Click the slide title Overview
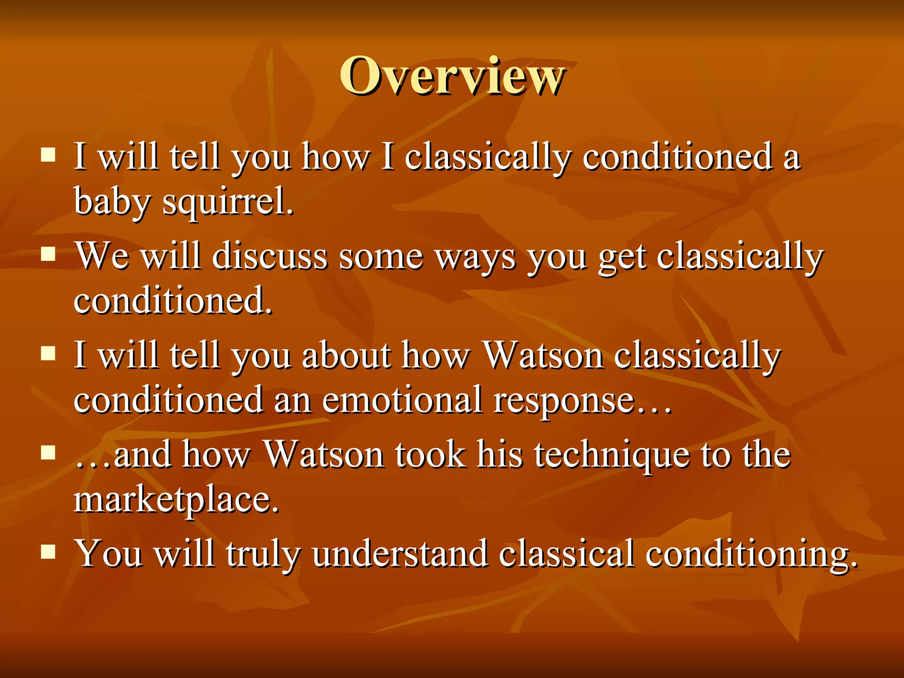pyautogui.click(x=452, y=76)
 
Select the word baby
pyautogui.click(x=112, y=201)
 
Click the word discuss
pyautogui.click(x=270, y=256)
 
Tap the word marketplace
pyautogui.click(x=177, y=500)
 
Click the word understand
pyautogui.click(x=400, y=554)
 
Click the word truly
pyautogui.click(x=263, y=554)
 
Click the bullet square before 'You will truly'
pyautogui.click(x=48, y=552)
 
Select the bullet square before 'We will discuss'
pyautogui.click(x=48, y=254)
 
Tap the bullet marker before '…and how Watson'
pyautogui.click(x=48, y=452)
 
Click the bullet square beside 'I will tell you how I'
pyautogui.click(x=48, y=155)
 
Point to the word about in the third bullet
pyautogui.click(x=347, y=355)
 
